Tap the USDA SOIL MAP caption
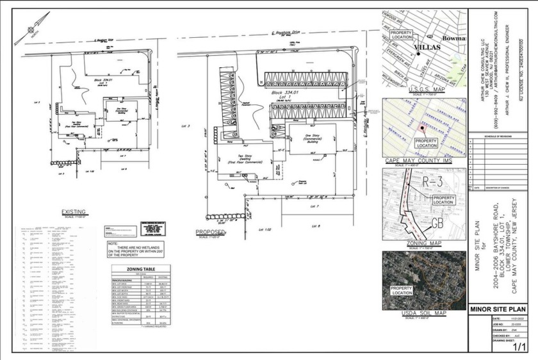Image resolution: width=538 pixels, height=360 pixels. click(423, 313)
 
